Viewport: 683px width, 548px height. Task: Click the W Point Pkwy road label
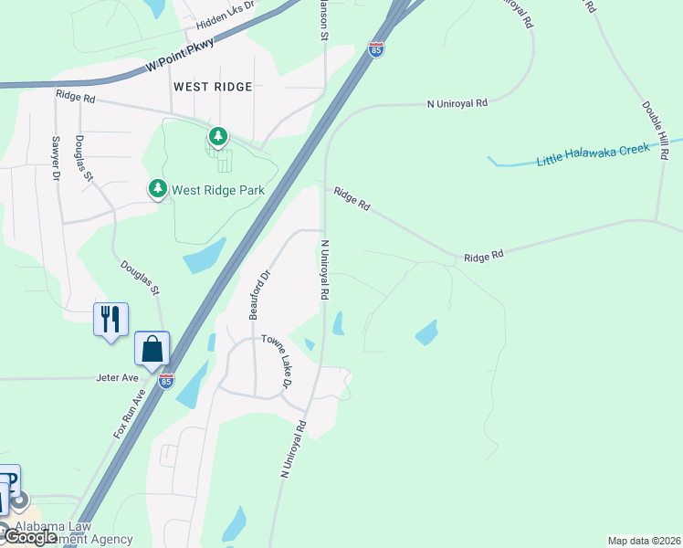click(179, 57)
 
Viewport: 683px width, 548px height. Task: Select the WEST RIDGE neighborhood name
click(212, 86)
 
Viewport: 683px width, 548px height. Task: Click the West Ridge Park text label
click(219, 190)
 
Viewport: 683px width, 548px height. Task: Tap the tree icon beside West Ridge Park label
click(158, 188)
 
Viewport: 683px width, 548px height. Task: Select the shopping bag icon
click(152, 349)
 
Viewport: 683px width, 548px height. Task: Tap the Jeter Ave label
click(118, 377)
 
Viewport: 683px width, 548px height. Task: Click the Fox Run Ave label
click(129, 415)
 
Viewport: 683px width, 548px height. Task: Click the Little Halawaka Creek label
click(593, 153)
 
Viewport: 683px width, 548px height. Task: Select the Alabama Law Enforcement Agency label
click(73, 533)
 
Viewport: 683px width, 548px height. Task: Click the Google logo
click(29, 537)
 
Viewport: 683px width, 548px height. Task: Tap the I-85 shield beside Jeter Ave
click(166, 381)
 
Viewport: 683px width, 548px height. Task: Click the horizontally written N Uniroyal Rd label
click(457, 103)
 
